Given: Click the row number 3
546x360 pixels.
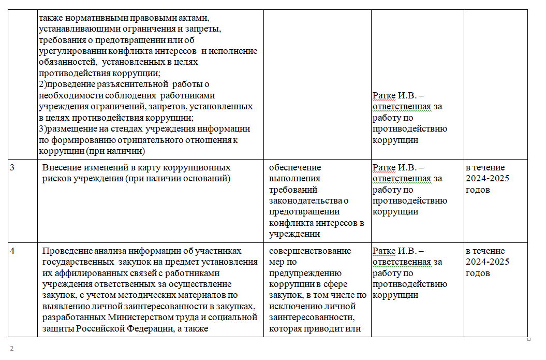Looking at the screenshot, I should tap(12, 168).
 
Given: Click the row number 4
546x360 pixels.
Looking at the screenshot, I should tap(13, 251).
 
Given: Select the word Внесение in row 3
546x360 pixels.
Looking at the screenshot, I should tap(61, 168).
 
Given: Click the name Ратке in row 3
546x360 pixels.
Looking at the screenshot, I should tap(384, 168).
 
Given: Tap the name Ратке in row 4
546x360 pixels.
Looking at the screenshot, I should tap(384, 251).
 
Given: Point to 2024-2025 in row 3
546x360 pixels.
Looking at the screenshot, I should tap(488, 179).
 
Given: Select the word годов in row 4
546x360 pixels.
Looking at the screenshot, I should tap(478, 273).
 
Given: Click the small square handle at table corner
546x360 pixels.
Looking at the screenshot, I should tap(529, 339).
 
